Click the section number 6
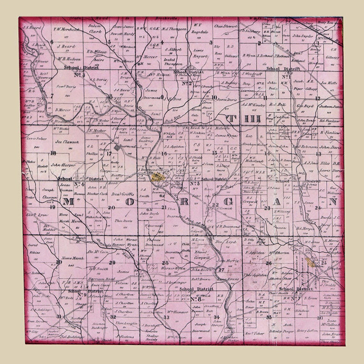click(x=52, y=42)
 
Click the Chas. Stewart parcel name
click(x=226, y=26)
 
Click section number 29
click(x=112, y=262)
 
